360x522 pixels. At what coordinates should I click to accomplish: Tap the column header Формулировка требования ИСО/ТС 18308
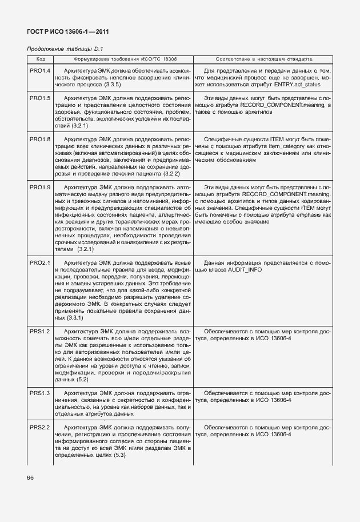pos(125,59)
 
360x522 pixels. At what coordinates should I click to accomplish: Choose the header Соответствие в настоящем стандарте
pos(264,59)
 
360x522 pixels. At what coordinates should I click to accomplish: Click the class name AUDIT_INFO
pos(246,269)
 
